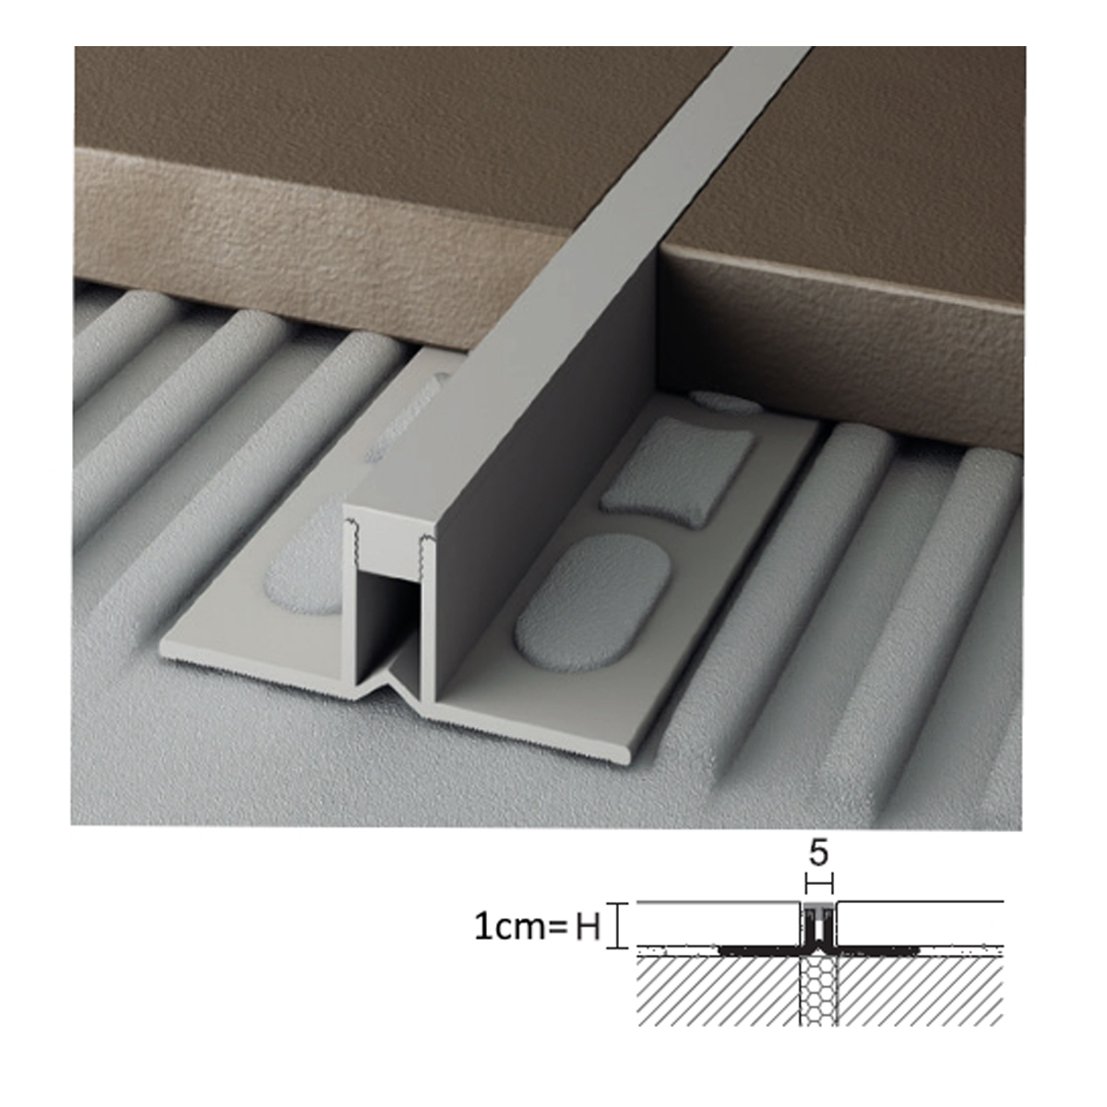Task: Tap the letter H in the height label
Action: click(x=587, y=928)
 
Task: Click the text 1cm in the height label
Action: click(x=506, y=928)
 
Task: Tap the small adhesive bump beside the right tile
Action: click(x=725, y=402)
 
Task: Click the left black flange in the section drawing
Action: click(x=759, y=952)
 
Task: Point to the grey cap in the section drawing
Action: click(x=818, y=910)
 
